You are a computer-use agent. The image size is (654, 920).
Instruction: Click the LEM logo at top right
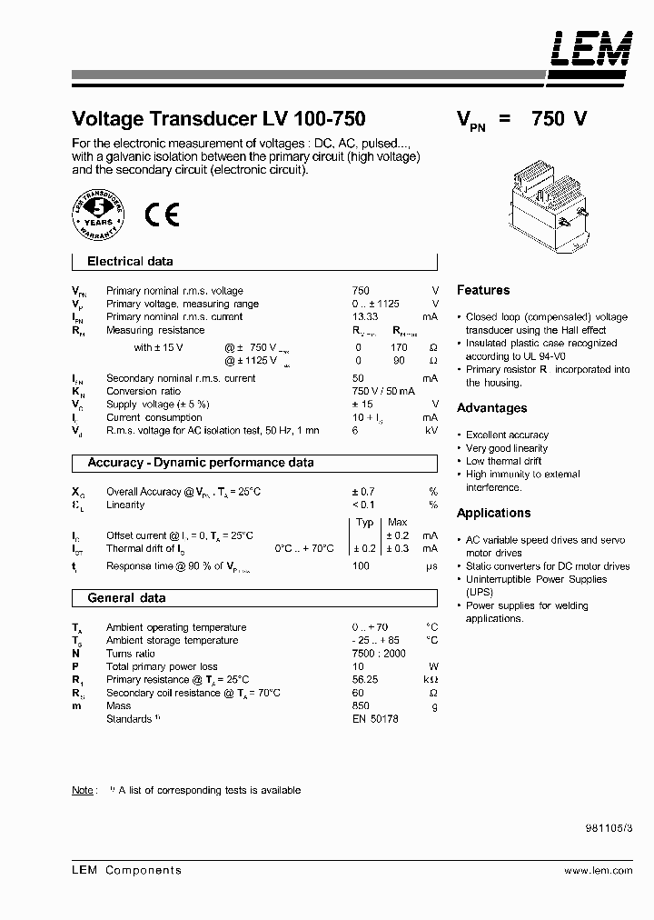tap(590, 48)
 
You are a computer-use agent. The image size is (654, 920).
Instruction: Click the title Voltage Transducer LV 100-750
tap(218, 119)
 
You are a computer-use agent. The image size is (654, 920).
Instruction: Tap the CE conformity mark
tap(162, 215)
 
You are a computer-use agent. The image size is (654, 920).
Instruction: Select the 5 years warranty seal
tap(98, 215)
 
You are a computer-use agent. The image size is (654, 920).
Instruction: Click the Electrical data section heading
tap(130, 262)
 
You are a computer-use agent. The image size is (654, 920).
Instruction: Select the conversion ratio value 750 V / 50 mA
tap(383, 392)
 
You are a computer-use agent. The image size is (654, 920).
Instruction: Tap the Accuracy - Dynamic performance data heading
tap(201, 463)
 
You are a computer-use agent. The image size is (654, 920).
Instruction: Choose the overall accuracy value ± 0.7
tap(363, 492)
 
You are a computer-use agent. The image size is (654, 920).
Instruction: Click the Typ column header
tap(365, 523)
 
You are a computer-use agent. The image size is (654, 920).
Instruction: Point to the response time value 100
tap(361, 566)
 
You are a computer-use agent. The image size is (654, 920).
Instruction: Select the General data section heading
tap(126, 598)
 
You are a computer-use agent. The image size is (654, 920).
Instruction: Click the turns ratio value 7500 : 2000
tap(379, 654)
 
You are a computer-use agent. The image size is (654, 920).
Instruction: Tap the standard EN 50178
tap(375, 719)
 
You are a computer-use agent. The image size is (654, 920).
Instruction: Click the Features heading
tap(483, 290)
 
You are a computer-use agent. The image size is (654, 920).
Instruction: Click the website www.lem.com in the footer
tap(598, 870)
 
